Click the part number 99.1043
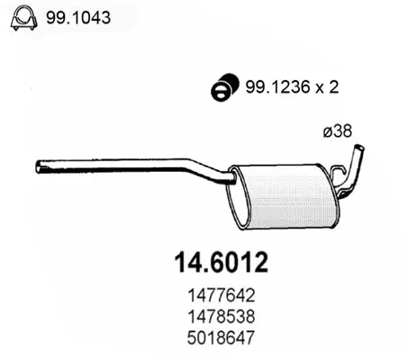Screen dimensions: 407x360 coord(78,18)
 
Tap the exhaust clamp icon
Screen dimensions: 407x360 coord(24,17)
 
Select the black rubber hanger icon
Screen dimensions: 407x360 coord(225,86)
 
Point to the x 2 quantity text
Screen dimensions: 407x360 coord(327,87)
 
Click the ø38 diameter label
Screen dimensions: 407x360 coord(338,131)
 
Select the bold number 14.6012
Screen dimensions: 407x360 coord(222,263)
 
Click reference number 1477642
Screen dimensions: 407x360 coord(222,295)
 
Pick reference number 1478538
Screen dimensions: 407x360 coord(222,317)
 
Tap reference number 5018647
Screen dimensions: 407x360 coord(221,337)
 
